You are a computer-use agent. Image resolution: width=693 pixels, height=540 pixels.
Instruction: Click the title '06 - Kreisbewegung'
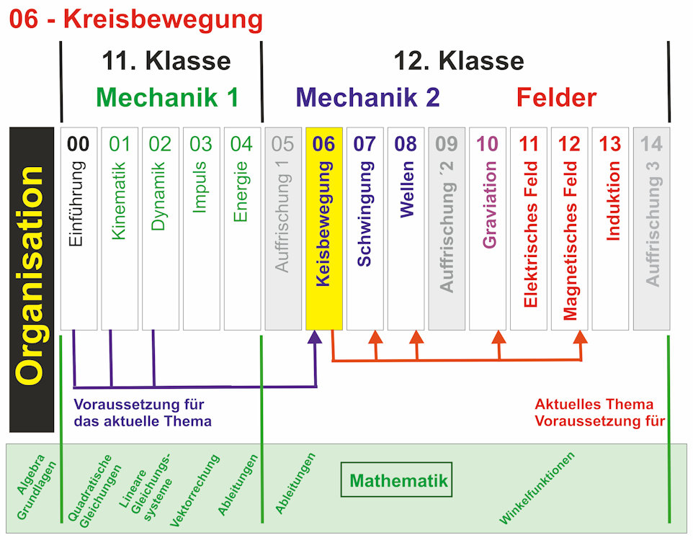click(x=135, y=19)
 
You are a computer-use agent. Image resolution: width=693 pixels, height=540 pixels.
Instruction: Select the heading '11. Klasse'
click(x=166, y=60)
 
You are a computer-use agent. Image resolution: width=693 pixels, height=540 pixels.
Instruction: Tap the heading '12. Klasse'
click(x=458, y=60)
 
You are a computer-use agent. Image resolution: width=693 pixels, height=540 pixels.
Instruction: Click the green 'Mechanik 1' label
click(x=166, y=97)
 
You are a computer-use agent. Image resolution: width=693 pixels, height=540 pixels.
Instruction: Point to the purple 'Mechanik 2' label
click(x=367, y=97)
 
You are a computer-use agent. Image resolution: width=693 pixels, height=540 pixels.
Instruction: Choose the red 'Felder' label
click(x=556, y=97)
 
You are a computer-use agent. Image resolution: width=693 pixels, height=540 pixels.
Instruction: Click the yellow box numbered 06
click(x=324, y=229)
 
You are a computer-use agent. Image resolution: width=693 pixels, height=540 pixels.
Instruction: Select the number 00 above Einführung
click(x=79, y=144)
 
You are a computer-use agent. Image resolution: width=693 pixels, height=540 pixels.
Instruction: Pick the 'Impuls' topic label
click(x=201, y=186)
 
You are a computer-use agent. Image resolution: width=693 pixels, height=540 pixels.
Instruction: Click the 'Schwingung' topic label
click(x=365, y=214)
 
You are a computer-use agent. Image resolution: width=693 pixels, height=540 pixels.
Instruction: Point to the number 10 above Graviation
click(x=488, y=144)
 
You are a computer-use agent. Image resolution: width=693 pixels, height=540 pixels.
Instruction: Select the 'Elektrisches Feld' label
click(x=529, y=234)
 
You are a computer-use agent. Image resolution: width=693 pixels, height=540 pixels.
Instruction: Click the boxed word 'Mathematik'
click(x=398, y=480)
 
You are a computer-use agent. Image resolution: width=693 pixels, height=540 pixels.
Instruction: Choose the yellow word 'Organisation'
click(x=31, y=276)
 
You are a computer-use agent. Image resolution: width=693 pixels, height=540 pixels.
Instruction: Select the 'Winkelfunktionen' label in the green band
click(x=538, y=487)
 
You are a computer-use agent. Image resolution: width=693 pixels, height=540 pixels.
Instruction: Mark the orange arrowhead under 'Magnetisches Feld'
click(x=581, y=337)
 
